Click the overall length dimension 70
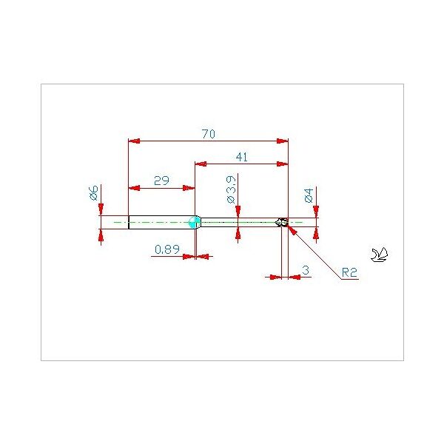click(209, 134)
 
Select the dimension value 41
click(242, 157)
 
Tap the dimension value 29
click(161, 181)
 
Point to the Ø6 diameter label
click(93, 192)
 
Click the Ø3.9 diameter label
click(231, 189)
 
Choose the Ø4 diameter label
click(309, 195)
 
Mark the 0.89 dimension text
click(167, 249)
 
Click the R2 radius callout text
click(349, 272)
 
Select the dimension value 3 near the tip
click(306, 270)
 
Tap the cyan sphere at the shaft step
click(195, 222)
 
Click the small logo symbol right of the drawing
click(380, 255)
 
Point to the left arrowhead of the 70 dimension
click(134, 141)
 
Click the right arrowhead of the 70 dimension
click(283, 141)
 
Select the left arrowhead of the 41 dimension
click(201, 164)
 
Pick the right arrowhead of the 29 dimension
click(189, 188)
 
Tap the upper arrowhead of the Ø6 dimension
click(101, 209)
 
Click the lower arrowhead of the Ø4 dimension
click(316, 232)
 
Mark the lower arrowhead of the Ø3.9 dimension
click(238, 232)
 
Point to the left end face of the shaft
click(129, 222)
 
